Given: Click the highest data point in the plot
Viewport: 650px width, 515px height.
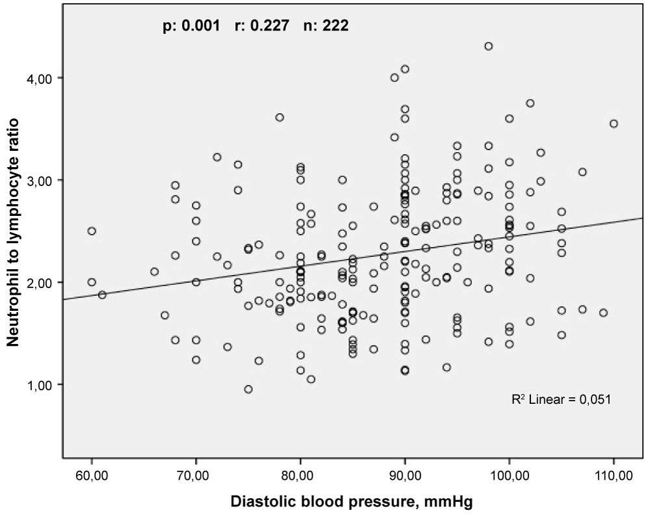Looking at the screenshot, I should click(488, 46).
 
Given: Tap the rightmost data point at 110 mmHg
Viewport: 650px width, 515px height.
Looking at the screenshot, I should click(614, 124).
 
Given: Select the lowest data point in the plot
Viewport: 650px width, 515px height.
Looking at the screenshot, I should click(248, 390).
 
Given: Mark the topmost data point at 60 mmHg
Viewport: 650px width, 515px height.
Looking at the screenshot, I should click(92, 231).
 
